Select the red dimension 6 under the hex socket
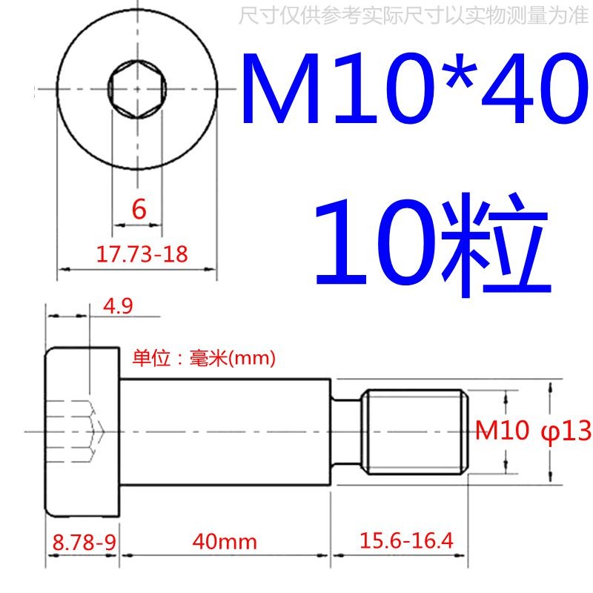(139, 211)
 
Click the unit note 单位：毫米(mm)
(204, 359)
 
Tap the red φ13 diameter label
(566, 431)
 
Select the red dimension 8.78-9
(82, 541)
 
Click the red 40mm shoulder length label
(224, 542)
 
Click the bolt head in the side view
(83, 431)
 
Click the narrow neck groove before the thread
(347, 431)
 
